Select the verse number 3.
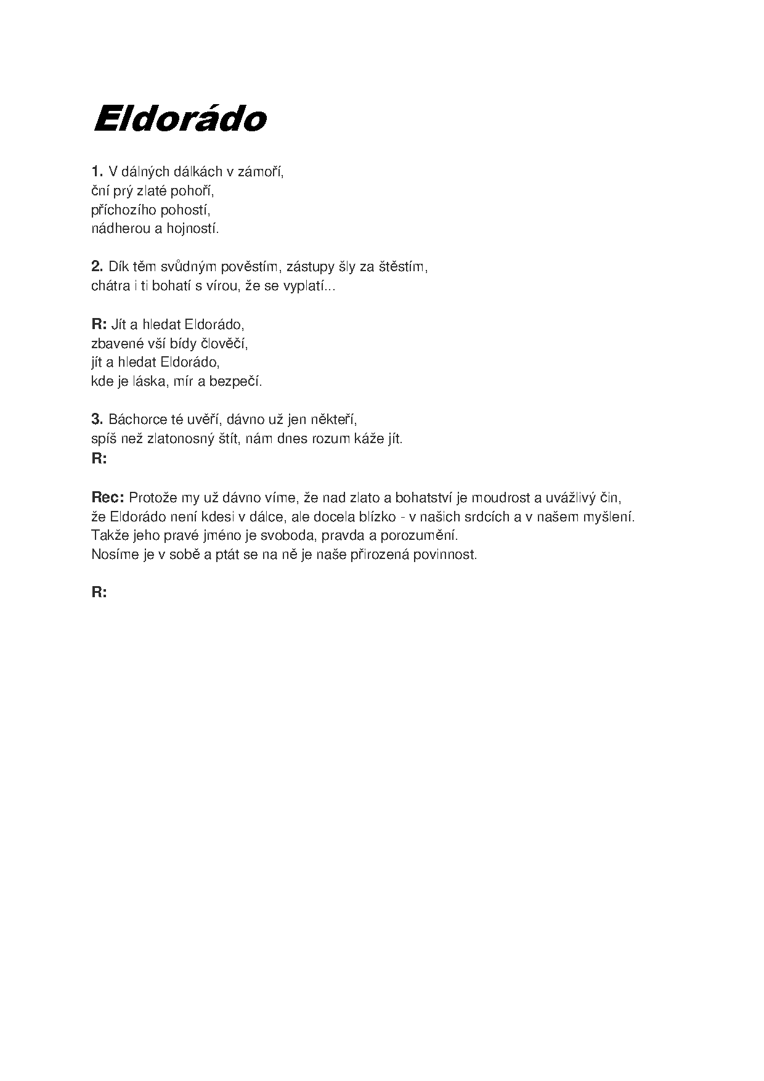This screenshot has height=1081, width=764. click(x=97, y=419)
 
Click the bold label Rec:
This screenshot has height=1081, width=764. click(x=108, y=497)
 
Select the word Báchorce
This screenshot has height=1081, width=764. click(x=134, y=419)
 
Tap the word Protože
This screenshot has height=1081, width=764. click(x=152, y=497)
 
